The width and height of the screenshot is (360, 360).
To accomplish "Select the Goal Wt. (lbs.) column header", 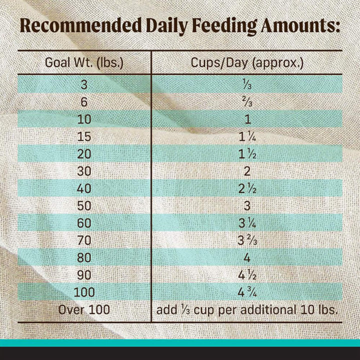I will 84,63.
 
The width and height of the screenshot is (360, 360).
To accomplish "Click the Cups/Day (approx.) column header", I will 247,63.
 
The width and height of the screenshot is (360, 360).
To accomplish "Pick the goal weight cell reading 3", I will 84,84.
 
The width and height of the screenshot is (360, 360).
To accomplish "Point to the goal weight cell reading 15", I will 84,136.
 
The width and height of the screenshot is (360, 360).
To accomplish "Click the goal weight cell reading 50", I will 84,205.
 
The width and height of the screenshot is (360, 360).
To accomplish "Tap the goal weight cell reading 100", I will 84,292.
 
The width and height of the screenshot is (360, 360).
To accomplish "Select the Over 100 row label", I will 84,309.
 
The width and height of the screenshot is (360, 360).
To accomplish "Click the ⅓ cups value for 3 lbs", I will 247,84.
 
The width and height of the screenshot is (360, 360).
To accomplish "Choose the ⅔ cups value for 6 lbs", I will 247,102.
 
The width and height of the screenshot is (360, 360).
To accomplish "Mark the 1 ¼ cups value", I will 247,136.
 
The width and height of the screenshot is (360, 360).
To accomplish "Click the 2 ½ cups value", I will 247,188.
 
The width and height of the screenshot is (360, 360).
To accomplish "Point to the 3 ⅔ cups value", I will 247,240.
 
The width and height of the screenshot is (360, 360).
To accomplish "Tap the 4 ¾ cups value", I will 247,292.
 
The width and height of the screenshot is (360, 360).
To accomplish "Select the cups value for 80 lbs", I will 247,257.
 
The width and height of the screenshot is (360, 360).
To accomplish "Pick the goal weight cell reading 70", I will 84,240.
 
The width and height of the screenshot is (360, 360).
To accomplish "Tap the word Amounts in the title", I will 298,25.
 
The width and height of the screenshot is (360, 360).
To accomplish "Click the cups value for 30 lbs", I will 247,171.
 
